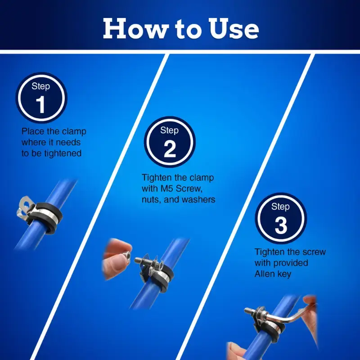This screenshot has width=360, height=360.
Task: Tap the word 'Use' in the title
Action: click(x=234, y=28)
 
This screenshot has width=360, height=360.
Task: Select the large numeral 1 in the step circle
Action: click(x=40, y=104)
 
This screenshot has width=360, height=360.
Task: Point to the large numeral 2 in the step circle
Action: click(x=170, y=149)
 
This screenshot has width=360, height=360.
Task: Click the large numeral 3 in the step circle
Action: click(x=281, y=225)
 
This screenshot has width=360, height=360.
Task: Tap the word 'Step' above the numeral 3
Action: click(x=280, y=207)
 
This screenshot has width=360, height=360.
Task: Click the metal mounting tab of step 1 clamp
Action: click(x=24, y=206)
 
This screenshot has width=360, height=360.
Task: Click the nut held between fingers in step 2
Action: click(x=126, y=255)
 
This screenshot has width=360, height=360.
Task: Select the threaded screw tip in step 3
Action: click(x=248, y=310)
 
